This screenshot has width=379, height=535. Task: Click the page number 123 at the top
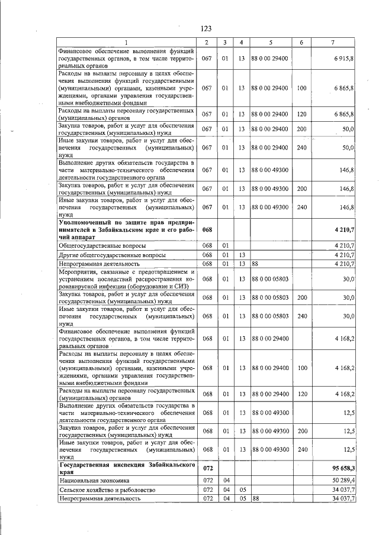(x=206, y=29)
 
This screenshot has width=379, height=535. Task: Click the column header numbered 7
(x=335, y=42)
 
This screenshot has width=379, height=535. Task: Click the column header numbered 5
(x=270, y=42)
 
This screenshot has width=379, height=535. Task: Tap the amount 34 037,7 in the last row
(x=342, y=499)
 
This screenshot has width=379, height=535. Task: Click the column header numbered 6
(x=301, y=42)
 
